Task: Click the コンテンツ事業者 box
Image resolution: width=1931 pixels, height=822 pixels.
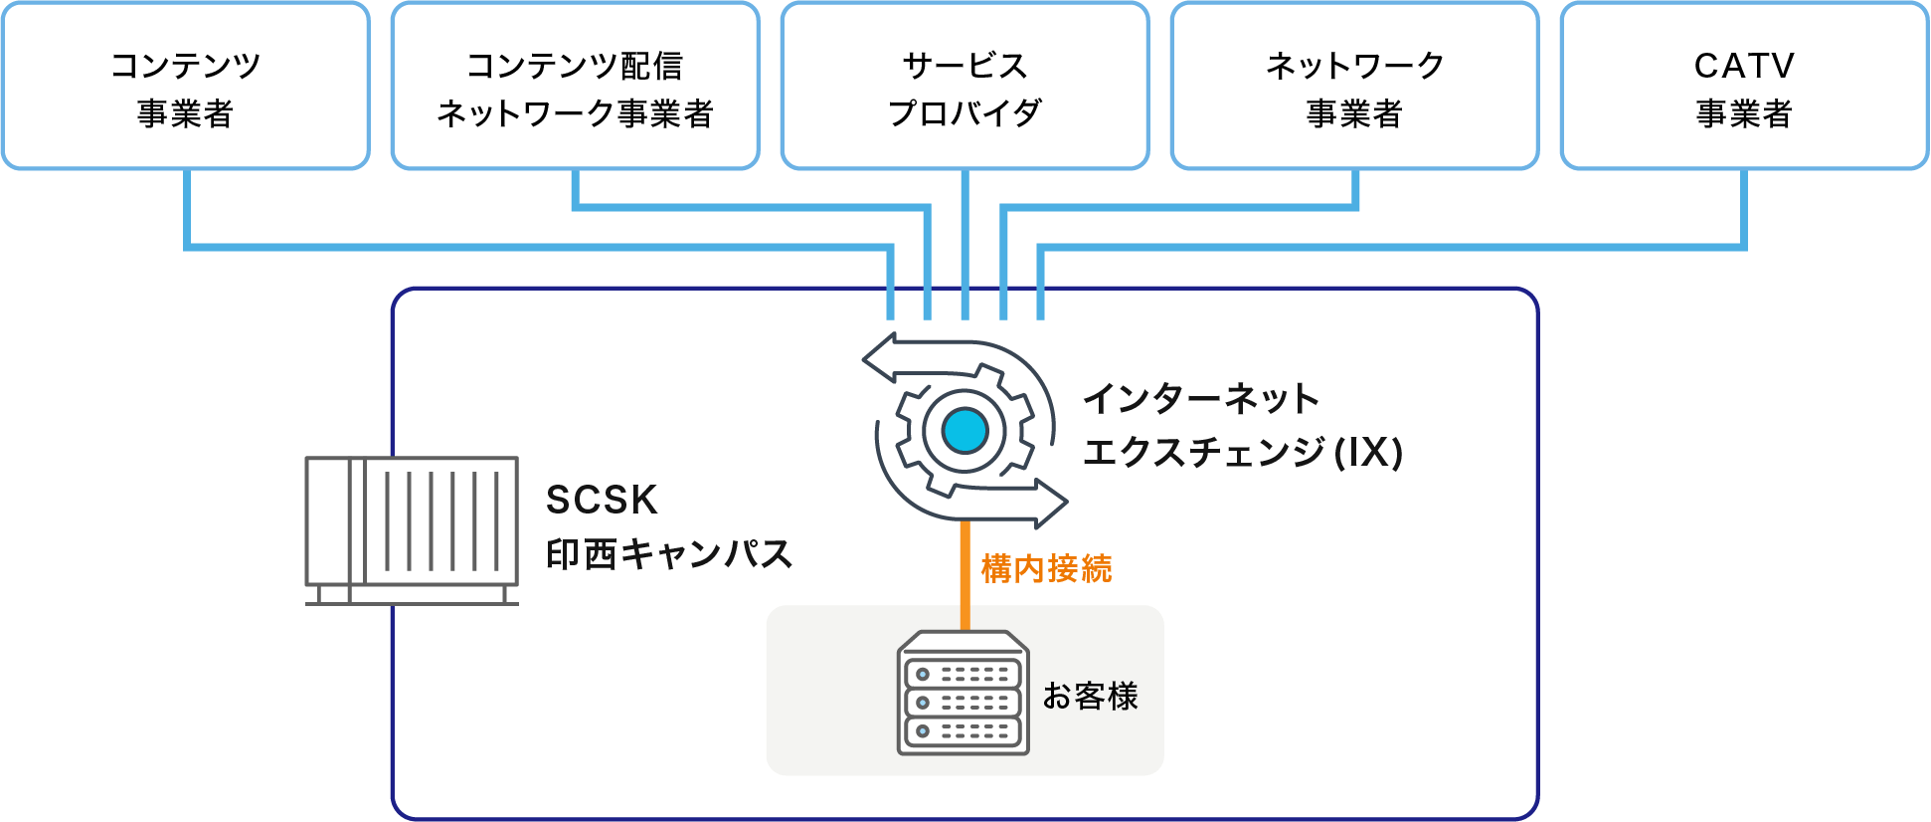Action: tap(186, 87)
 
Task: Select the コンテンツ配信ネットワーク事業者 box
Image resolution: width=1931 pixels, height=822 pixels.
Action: tap(575, 87)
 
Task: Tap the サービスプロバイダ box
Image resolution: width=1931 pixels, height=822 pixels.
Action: tap(965, 87)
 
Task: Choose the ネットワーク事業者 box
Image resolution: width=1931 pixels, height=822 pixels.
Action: tap(1354, 87)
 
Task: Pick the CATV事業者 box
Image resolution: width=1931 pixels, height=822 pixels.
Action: tap(1744, 87)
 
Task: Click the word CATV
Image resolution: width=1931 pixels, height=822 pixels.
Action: tap(1744, 66)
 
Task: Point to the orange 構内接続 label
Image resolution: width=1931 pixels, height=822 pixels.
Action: tap(1046, 569)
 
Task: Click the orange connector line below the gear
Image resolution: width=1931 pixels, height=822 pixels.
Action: tap(965, 577)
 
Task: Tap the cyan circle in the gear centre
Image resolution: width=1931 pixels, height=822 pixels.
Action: tap(965, 431)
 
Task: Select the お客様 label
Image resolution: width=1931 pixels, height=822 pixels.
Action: tap(1090, 696)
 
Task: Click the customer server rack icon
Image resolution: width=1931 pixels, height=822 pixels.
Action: tap(963, 693)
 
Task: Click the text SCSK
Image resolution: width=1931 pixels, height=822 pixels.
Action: tap(602, 500)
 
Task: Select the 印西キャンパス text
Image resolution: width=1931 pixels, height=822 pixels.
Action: tap(668, 554)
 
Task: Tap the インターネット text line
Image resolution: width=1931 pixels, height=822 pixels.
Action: tap(1200, 399)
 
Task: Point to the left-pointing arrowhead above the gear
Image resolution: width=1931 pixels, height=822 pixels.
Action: tap(878, 358)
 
